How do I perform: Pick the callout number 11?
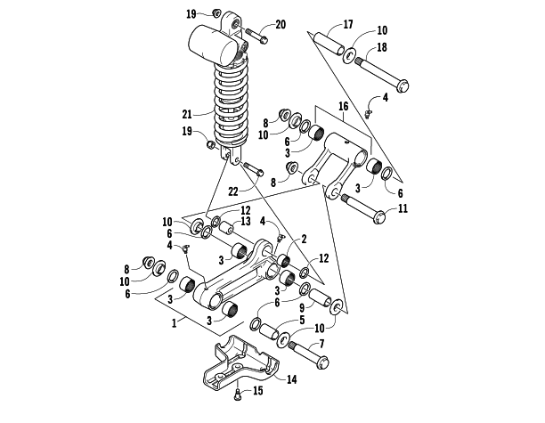403,209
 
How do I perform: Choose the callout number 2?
303,239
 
